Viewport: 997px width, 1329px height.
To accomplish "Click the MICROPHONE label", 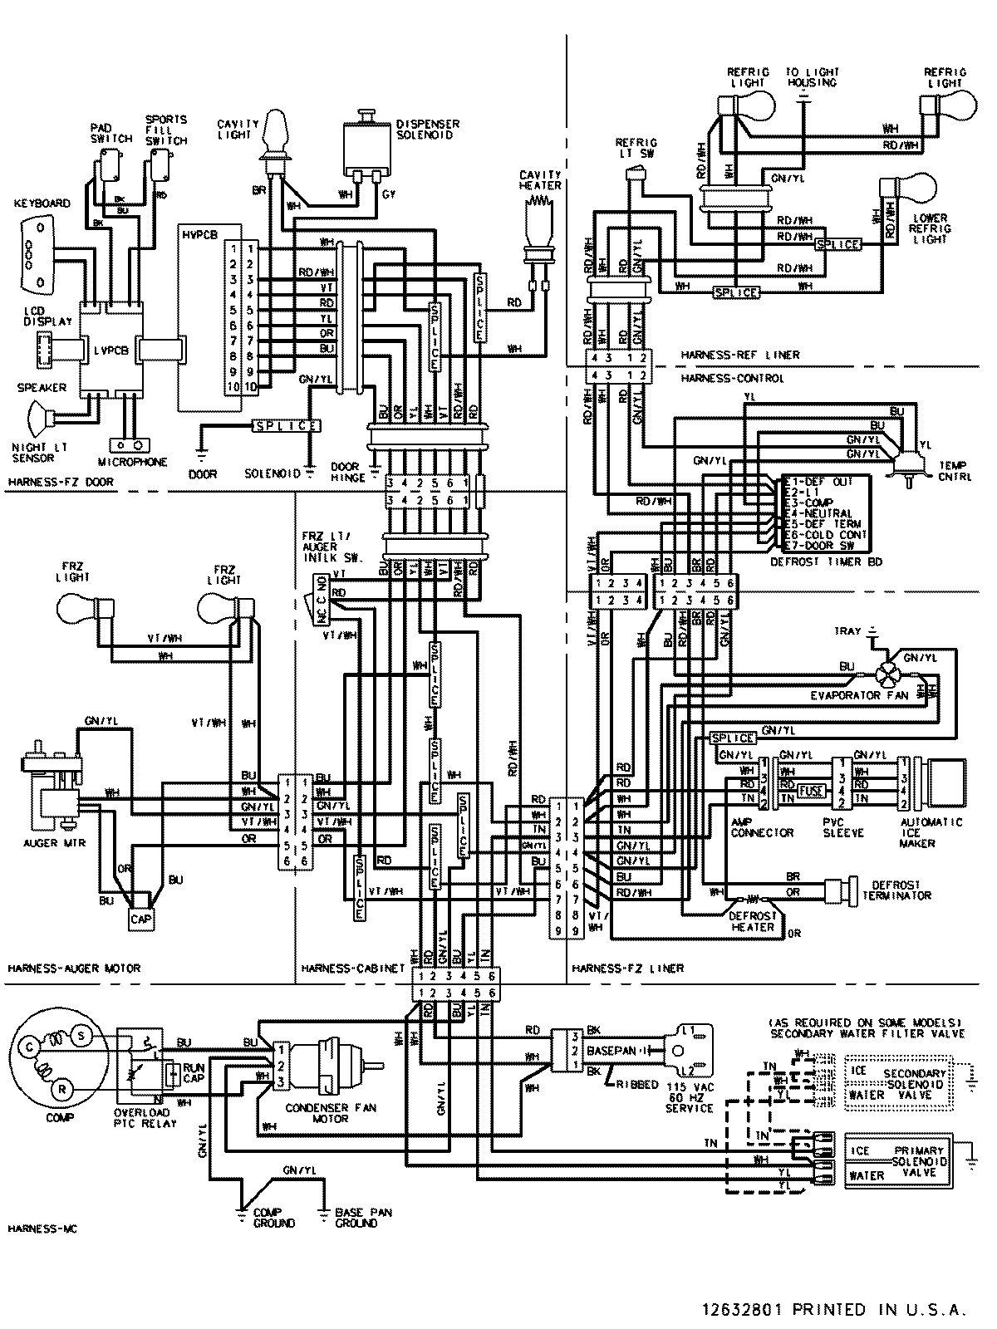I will [132, 463].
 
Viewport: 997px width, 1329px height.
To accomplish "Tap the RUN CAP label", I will [194, 1072].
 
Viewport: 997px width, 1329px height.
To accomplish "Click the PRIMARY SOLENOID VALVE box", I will [897, 1162].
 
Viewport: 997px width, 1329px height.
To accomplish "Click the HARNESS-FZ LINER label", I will [627, 969].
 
